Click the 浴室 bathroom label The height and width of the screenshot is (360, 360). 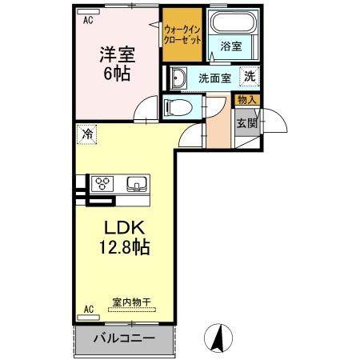(231, 46)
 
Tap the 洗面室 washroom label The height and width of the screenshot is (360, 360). (214, 78)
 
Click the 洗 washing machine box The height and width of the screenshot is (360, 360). (250, 78)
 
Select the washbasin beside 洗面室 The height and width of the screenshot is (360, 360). (178, 78)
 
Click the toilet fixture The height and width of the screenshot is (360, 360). (176, 106)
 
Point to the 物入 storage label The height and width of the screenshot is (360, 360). (244, 99)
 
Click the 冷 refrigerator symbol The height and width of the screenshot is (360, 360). (86, 134)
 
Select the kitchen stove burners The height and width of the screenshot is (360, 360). (102, 182)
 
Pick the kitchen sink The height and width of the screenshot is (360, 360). (136, 184)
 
